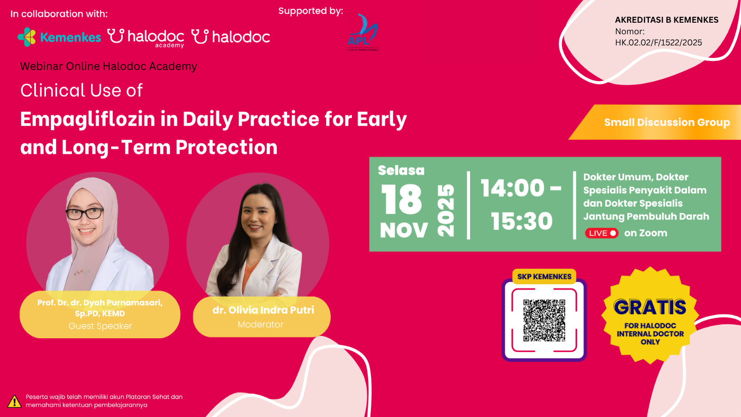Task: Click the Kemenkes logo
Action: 59,37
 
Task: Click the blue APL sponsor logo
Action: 363,32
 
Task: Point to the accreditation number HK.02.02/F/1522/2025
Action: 658,43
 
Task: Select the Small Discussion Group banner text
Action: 666,122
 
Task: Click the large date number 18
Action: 401,200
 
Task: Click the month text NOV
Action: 404,230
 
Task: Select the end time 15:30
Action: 521,221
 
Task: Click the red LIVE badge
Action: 602,233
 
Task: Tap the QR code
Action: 544,320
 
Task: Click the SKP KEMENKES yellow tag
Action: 544,277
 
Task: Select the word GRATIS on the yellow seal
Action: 650,307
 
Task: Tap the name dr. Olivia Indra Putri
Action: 263,310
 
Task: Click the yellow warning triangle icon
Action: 14,401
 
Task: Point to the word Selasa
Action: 401,171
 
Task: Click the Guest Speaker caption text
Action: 100,326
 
